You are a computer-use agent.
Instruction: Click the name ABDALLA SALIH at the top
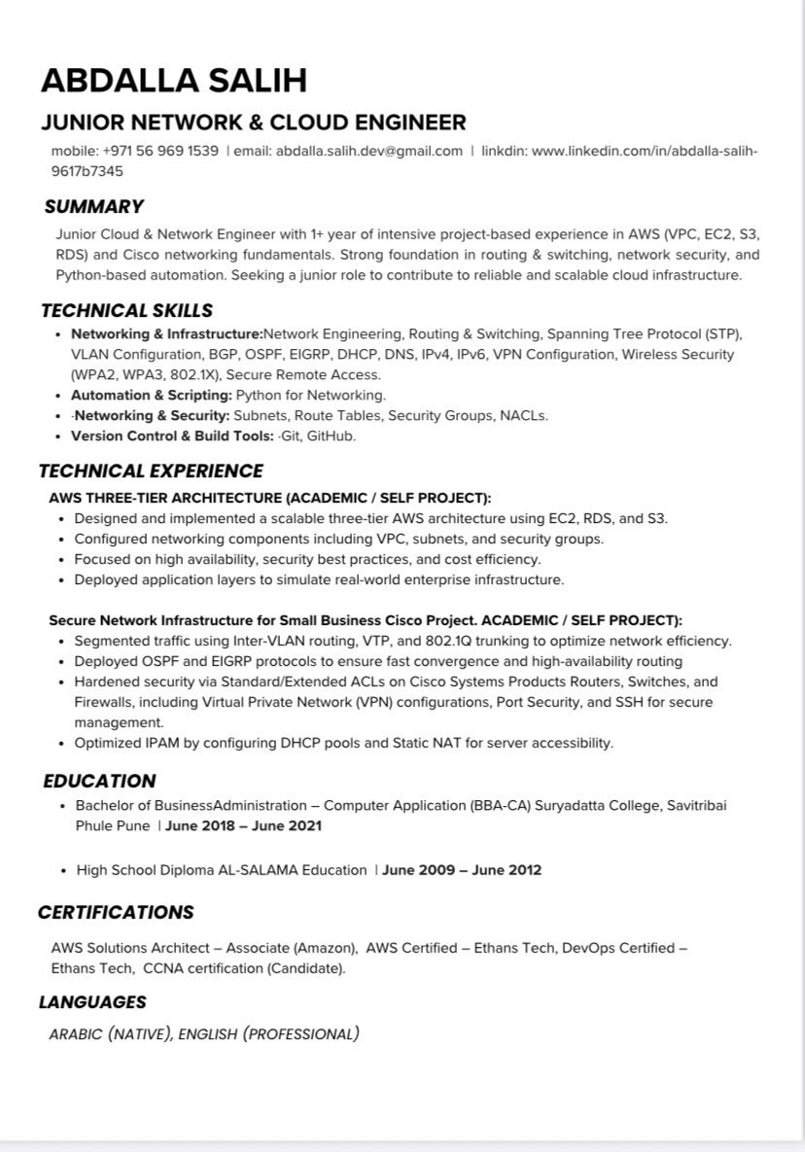click(x=174, y=80)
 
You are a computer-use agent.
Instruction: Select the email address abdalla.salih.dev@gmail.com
click(x=368, y=151)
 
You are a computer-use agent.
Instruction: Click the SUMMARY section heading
click(x=93, y=206)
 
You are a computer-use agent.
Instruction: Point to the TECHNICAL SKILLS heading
click(x=126, y=311)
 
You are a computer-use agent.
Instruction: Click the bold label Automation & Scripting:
click(x=151, y=395)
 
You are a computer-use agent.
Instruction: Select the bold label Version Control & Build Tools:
click(x=172, y=436)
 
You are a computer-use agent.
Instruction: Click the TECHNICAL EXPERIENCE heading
click(x=151, y=471)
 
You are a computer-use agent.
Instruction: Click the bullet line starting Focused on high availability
click(x=307, y=559)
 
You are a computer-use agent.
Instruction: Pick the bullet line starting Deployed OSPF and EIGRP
click(x=378, y=661)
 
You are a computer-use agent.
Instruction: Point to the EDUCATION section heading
click(x=99, y=781)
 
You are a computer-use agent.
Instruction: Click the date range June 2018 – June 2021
click(x=243, y=826)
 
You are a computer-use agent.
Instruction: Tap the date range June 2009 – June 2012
click(x=462, y=870)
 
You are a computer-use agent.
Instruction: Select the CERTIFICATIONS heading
click(x=116, y=912)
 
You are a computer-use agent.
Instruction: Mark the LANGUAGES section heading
click(x=92, y=1001)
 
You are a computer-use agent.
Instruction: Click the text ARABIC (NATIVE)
click(x=111, y=1034)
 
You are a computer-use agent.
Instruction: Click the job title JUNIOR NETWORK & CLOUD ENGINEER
click(x=253, y=122)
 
